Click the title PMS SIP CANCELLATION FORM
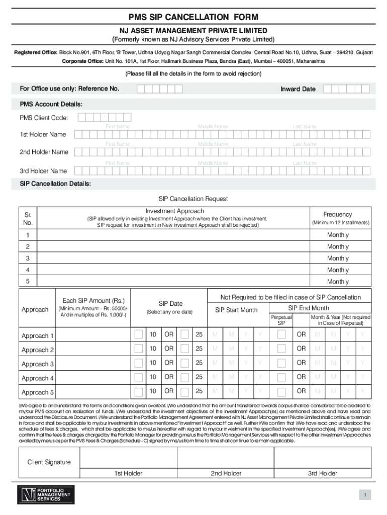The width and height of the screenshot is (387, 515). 193,18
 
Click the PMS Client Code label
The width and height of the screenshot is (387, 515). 44,118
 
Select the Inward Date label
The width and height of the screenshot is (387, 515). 298,89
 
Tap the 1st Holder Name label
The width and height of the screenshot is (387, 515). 43,134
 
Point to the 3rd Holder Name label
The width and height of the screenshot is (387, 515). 43,171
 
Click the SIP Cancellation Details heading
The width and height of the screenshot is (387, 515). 55,184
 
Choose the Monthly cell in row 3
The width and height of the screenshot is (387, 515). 337,259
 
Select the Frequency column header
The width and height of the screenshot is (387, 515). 337,214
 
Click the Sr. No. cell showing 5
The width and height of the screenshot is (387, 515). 28,282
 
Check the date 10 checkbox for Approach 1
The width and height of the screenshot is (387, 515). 138,334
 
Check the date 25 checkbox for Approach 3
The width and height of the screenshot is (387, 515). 184,363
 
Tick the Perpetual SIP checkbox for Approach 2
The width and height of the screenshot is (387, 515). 281,349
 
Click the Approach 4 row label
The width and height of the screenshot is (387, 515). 38,378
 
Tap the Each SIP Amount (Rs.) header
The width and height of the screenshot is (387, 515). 93,301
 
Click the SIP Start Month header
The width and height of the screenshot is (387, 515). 236,310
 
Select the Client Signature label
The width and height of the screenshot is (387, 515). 49,462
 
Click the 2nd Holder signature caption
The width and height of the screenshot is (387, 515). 226,473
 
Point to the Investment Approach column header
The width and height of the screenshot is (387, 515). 174,211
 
